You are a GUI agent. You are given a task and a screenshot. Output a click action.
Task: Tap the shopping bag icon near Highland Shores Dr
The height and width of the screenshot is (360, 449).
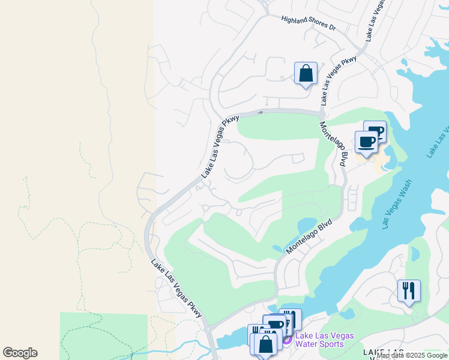(x=306, y=74)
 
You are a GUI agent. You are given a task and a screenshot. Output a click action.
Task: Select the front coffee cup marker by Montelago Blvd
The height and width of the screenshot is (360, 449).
(x=366, y=143)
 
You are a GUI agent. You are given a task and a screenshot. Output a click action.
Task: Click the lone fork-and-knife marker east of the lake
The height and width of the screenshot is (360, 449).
(x=409, y=291)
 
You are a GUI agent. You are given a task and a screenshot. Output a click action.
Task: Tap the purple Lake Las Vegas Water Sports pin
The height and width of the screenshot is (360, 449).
(x=286, y=340)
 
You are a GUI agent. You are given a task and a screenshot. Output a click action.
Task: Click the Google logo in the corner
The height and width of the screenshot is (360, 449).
(x=20, y=353)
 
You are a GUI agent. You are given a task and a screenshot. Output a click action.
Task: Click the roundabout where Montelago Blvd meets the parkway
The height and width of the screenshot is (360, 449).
(x=322, y=114)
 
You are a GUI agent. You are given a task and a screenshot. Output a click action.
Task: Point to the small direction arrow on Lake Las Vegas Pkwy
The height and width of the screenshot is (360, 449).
(x=261, y=112)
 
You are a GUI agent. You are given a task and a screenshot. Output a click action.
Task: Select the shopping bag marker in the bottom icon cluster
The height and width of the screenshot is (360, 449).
(x=265, y=344)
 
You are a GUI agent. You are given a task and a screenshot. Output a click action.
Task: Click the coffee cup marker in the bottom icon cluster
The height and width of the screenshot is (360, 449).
(x=275, y=326)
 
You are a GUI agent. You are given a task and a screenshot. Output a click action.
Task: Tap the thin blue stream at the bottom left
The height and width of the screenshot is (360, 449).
(x=180, y=345)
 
